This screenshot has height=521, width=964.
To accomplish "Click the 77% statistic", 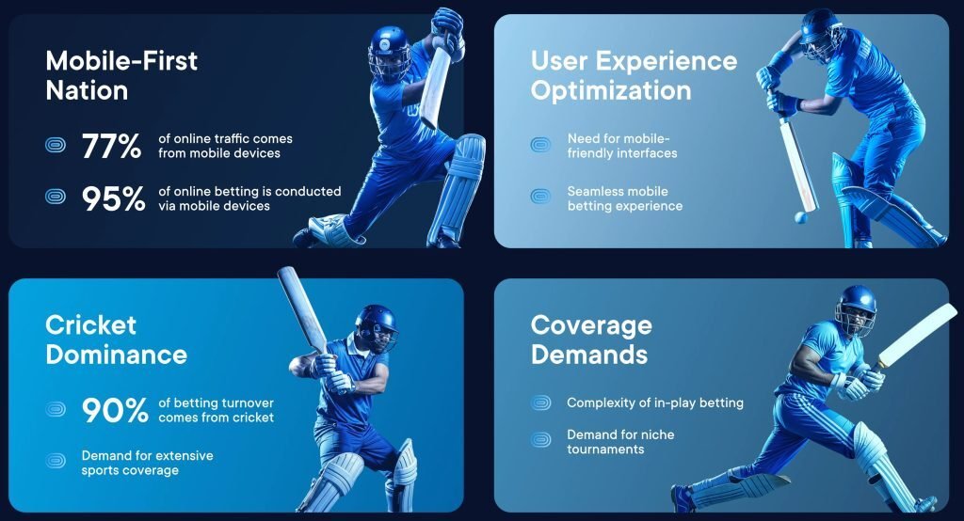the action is pyautogui.click(x=111, y=146).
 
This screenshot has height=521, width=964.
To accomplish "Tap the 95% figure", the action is pyautogui.click(x=114, y=198).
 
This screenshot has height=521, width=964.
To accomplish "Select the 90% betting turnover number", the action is pyautogui.click(x=115, y=410).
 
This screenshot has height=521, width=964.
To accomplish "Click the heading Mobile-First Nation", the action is pyautogui.click(x=121, y=75).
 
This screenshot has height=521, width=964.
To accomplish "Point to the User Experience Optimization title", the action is pyautogui.click(x=634, y=75).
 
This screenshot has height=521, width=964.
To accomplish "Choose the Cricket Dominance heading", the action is pyautogui.click(x=116, y=339).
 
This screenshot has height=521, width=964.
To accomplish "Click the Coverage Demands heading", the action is pyautogui.click(x=591, y=339).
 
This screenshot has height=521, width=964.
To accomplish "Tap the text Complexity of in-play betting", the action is pyautogui.click(x=655, y=403).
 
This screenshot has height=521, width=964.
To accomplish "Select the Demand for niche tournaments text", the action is pyautogui.click(x=620, y=442).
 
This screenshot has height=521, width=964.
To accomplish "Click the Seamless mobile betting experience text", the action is pyautogui.click(x=625, y=198).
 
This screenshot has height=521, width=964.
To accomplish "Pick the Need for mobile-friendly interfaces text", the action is pyautogui.click(x=622, y=146).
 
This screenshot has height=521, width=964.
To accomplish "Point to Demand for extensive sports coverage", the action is pyautogui.click(x=148, y=463).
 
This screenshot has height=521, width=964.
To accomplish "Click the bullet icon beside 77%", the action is pyautogui.click(x=56, y=146).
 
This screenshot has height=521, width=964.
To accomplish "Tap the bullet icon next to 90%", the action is pyautogui.click(x=56, y=409).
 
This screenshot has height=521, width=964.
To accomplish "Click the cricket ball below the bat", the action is pyautogui.click(x=800, y=217).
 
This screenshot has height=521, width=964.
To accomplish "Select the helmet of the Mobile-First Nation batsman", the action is pyautogui.click(x=389, y=54).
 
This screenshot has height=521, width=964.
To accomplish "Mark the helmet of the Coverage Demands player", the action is pyautogui.click(x=857, y=309).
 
